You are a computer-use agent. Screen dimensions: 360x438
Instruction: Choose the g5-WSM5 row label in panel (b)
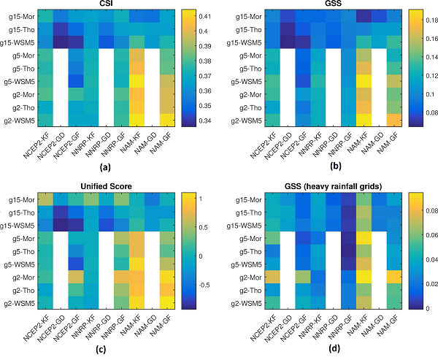pyautogui.click(x=237, y=81)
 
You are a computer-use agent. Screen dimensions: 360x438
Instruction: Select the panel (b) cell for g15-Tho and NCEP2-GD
pyautogui.click(x=276, y=29)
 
